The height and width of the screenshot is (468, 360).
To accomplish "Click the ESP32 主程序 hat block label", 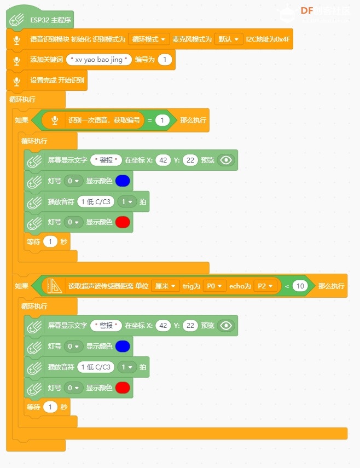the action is click(50, 20).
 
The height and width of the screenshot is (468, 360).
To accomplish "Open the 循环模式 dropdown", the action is click(148, 39).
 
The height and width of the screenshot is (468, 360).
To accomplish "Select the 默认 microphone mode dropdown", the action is click(228, 39).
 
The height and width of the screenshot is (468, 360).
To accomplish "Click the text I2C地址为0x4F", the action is click(268, 39).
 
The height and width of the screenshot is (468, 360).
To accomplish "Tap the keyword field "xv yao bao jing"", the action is click(98, 60).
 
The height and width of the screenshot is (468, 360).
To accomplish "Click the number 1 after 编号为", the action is click(165, 60).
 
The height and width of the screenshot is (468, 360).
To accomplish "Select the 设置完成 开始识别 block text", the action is click(57, 80).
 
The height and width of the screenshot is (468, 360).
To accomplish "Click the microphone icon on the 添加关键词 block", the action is click(17, 61).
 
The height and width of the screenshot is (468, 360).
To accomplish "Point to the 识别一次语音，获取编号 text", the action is click(104, 120).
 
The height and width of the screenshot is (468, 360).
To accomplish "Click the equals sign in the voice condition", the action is click(150, 120).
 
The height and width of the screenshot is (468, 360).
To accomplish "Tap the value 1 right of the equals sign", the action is click(162, 120).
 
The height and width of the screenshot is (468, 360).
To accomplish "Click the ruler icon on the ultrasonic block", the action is click(54, 286).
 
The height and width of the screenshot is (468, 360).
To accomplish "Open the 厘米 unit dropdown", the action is click(165, 286).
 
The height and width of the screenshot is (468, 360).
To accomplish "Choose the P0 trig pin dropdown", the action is click(214, 286).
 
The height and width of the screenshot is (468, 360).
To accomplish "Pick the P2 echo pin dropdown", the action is click(265, 286).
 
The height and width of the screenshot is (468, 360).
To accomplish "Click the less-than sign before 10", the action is click(287, 286).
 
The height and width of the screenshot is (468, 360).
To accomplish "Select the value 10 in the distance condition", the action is click(300, 286).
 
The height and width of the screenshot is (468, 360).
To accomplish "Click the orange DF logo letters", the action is click(306, 11).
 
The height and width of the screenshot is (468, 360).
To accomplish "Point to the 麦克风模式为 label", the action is click(192, 39).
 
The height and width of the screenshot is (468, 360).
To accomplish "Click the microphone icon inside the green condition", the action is click(55, 120).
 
